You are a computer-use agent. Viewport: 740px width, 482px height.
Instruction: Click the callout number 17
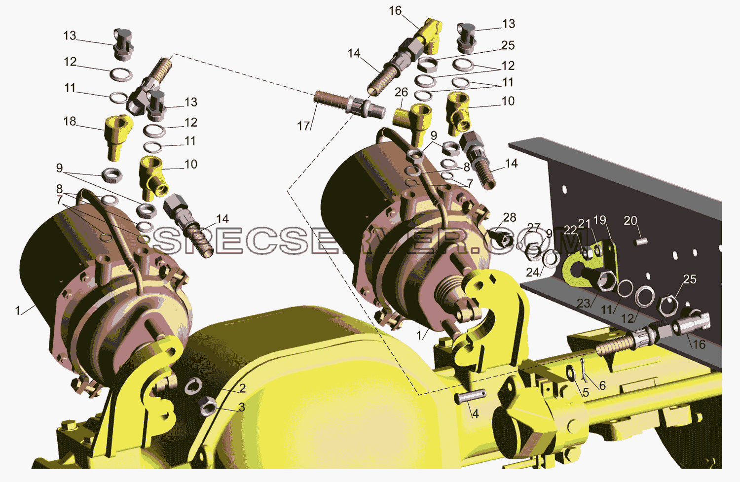pos(303,126)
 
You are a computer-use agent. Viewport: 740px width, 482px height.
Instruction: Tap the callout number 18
pos(70,121)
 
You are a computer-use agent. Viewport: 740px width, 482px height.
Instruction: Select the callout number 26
pos(401,92)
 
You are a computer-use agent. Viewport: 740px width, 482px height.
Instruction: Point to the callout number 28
pos(510,217)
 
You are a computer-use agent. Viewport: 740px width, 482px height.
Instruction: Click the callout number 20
pos(630,220)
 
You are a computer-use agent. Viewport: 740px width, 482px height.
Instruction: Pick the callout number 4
pos(476,413)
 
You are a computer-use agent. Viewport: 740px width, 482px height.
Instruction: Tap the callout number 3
pos(242,408)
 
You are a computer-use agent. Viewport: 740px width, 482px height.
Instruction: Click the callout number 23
pos(584,303)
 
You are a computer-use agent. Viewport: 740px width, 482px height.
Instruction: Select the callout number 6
pos(602,385)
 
